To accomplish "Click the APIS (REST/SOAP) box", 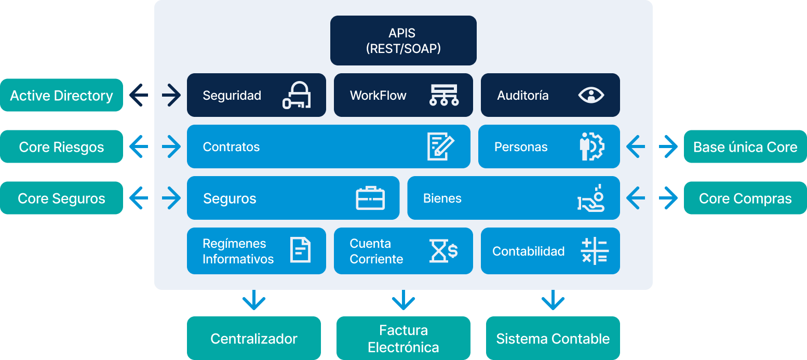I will [x=403, y=41].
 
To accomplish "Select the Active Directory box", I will [x=61, y=95].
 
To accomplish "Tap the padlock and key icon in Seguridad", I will [x=297, y=95].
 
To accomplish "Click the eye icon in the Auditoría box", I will [x=591, y=95].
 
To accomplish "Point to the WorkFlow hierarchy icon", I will [x=444, y=95].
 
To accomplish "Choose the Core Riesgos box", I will [x=61, y=146].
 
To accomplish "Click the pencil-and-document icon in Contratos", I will [x=440, y=146].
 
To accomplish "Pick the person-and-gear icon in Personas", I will [x=592, y=146].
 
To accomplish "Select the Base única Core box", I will [x=745, y=146].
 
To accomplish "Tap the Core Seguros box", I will [x=61, y=198].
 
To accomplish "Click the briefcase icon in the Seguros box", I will [x=370, y=198].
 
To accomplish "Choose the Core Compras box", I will [x=745, y=198].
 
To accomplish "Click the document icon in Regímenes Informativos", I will [x=300, y=250].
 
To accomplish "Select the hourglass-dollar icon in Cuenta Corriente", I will [x=443, y=250].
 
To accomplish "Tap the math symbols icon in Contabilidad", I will [x=594, y=251].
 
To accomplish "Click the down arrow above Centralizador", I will [x=253, y=300].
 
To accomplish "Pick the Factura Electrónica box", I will [x=403, y=338].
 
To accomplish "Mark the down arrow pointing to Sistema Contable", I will [x=553, y=300].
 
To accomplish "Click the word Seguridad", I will [x=232, y=96].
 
